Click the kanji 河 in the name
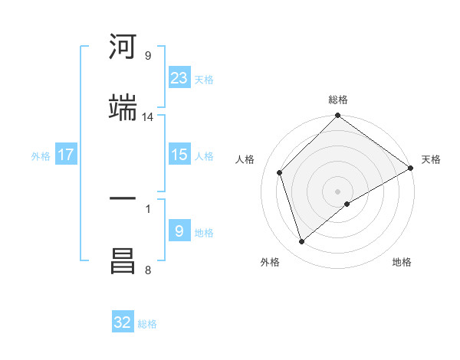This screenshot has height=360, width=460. coord(123,47)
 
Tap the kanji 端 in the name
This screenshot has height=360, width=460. coord(123,109)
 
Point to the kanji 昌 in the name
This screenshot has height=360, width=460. coord(123,261)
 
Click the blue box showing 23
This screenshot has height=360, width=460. coord(179,77)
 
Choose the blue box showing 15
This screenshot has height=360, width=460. coord(179,155)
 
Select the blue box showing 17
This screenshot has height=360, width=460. coord(66,155)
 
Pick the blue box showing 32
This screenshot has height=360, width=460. coord(123,322)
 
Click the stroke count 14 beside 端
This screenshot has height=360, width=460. coord(148,117)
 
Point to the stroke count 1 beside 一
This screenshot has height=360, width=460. coord(147,208)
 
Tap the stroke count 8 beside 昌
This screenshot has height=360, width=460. coord(147,270)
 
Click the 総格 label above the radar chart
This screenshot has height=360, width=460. coord(338,100)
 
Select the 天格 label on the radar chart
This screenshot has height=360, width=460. coord(431,159)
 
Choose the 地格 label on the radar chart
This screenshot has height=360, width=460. coord(402,262)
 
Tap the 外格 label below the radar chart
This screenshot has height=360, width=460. coord(270,262)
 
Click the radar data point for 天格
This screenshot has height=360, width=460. coord(411,168)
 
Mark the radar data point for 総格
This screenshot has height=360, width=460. coord(338,116)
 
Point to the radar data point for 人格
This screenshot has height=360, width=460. coord(280,172)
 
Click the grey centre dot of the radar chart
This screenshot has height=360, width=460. coord(338,191)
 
